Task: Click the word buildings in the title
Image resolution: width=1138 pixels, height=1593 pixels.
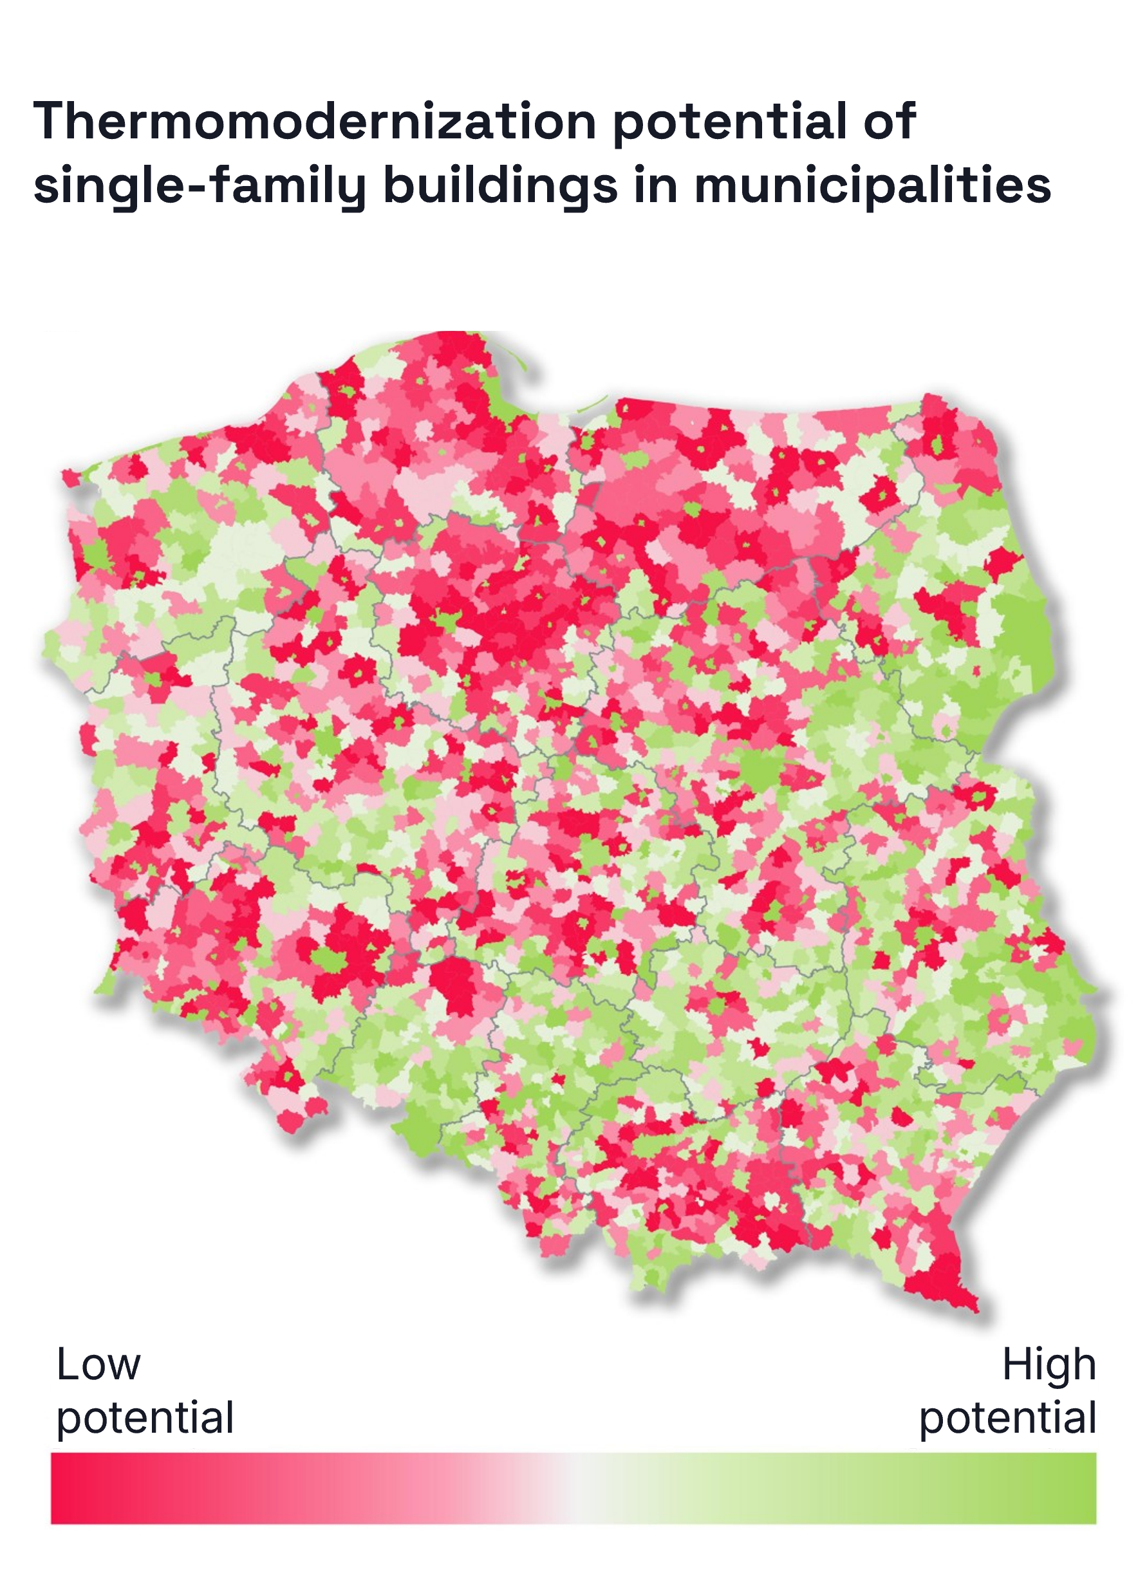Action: coord(500,185)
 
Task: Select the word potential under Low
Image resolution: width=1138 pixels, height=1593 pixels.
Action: coord(144,1419)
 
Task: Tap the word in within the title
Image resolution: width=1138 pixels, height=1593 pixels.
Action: coord(656,185)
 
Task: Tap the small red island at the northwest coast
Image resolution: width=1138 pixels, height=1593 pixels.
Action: coord(71,477)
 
